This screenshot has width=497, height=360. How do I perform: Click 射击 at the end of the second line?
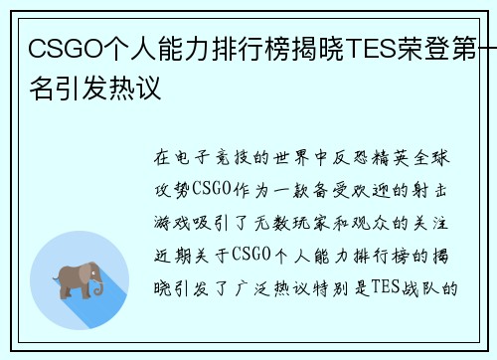point(438,191)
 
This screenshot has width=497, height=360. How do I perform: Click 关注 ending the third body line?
point(438,224)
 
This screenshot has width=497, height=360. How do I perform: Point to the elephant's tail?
point(53,276)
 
